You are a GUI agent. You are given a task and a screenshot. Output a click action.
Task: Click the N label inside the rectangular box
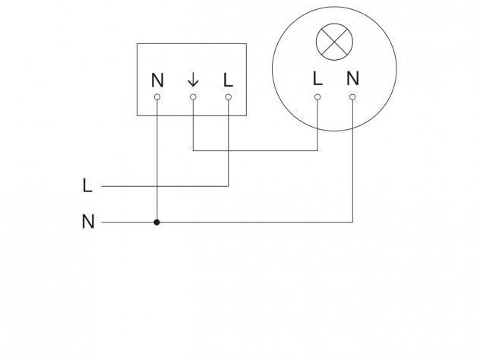[x=157, y=81]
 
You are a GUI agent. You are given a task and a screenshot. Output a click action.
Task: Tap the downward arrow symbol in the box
[x=193, y=81]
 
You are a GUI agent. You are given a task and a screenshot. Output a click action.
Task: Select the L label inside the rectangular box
[x=229, y=81]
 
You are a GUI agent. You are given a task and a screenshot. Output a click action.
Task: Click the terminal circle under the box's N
[x=157, y=97]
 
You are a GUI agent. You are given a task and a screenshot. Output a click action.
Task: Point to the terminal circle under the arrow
[x=193, y=97]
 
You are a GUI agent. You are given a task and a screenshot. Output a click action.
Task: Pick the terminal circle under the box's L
[x=229, y=97]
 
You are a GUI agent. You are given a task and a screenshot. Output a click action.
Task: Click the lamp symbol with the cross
[x=334, y=42]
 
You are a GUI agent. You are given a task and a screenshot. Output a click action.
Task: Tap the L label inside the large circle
[x=317, y=78]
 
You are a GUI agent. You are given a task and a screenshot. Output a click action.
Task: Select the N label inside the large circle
[x=352, y=78]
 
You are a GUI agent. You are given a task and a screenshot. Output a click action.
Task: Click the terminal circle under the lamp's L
[x=317, y=97]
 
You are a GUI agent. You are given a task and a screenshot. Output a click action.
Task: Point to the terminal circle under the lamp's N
[x=352, y=97]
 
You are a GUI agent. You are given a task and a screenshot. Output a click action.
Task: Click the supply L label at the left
[x=87, y=185]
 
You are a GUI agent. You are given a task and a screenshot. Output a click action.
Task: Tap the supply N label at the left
[x=88, y=222]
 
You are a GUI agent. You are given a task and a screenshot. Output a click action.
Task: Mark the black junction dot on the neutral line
[x=157, y=223]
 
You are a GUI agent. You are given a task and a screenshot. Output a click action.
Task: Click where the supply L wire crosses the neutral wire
[x=157, y=186]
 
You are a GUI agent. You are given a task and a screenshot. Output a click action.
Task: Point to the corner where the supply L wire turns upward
[x=229, y=186]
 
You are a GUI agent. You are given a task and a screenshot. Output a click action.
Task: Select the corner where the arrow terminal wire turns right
[x=193, y=150]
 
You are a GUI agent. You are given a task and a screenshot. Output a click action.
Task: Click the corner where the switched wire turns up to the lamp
[x=317, y=150]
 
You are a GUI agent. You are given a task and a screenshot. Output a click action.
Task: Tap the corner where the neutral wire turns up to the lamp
[x=352, y=222]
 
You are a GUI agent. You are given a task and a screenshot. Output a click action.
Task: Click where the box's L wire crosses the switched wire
[x=229, y=150]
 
